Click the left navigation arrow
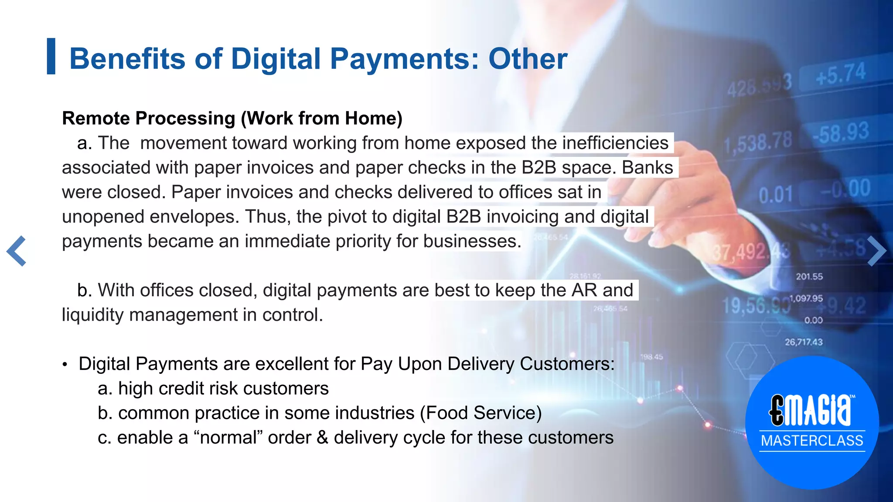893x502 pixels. point(17,251)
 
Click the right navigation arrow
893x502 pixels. point(876,251)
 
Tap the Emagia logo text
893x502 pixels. point(811,410)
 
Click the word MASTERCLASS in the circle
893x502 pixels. point(812,441)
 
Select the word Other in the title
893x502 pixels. point(528,59)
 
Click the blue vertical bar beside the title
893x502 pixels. point(51,56)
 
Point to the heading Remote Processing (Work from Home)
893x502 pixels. point(232,119)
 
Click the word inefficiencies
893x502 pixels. point(615,143)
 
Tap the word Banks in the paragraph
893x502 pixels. point(647,168)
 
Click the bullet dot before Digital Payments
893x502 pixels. point(65,365)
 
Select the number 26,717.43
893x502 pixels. point(804,342)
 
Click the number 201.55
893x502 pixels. point(809,277)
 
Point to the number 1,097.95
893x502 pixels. point(806,298)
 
